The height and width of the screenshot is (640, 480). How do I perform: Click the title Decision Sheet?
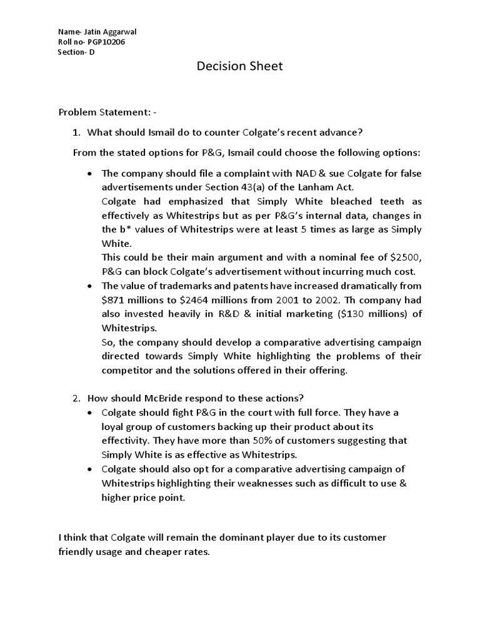click(x=240, y=66)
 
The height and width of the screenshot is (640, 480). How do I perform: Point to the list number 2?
click(x=76, y=398)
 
